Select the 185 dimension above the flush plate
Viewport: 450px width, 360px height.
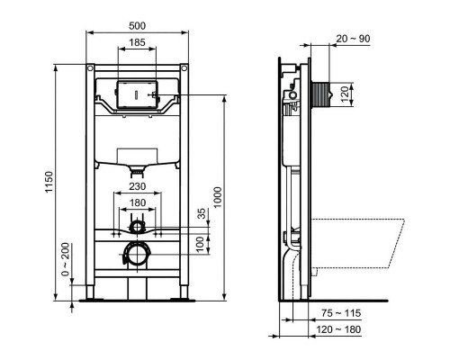tap(137, 42)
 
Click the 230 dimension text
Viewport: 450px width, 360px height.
tap(137, 187)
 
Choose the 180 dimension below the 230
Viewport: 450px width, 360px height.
tap(137, 203)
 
